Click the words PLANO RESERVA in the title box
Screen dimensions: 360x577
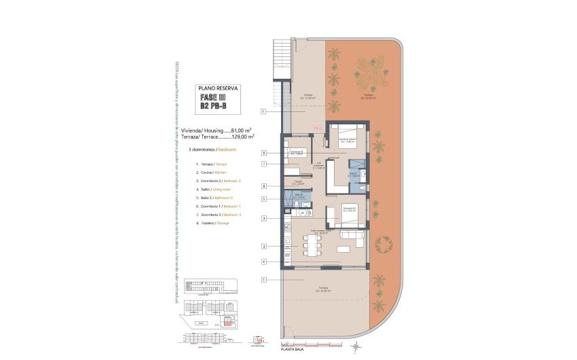click(217, 88)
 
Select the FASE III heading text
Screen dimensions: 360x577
click(215, 97)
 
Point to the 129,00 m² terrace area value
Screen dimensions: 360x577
click(242, 137)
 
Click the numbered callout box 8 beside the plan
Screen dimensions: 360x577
click(263, 186)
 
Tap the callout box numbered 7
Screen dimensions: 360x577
click(263, 164)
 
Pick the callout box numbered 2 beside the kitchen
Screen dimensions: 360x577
click(263, 246)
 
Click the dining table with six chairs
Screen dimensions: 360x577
click(312, 247)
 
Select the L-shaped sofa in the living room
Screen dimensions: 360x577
click(354, 237)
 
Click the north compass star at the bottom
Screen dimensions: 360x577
click(355, 347)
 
